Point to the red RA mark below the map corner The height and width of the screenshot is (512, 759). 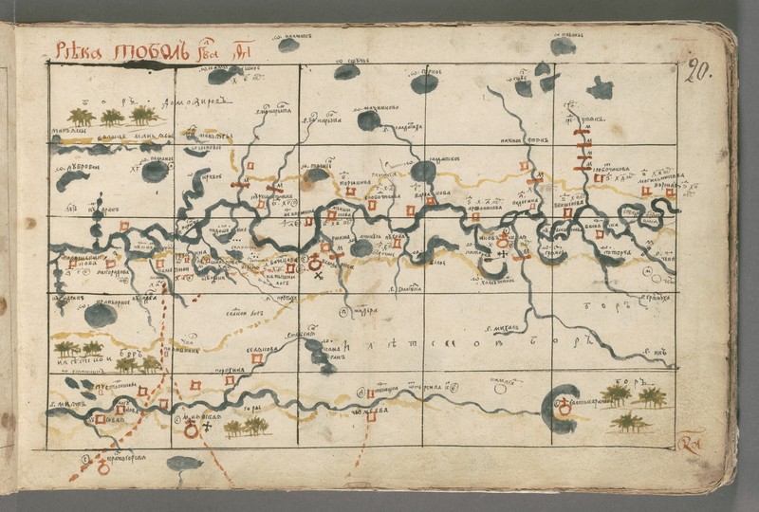(x=690, y=444)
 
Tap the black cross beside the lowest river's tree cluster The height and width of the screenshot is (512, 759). (x=207, y=427)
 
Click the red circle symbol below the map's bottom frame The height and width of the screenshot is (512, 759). (x=103, y=467)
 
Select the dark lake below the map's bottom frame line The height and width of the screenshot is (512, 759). (x=184, y=464)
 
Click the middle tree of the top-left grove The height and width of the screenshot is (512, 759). (x=112, y=116)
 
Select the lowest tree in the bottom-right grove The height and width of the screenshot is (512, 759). (x=629, y=421)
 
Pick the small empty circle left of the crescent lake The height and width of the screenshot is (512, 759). (x=500, y=388)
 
